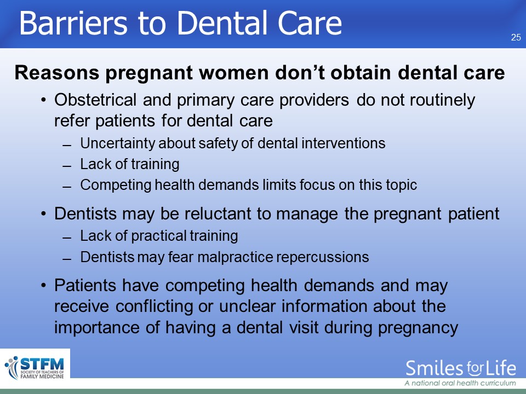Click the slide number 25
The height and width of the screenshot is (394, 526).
pyautogui.click(x=516, y=37)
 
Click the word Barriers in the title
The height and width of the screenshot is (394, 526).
pyautogui.click(x=73, y=23)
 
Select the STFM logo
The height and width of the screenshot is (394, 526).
pyautogui.click(x=35, y=368)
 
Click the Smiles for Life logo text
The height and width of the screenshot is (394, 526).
pyautogui.click(x=461, y=368)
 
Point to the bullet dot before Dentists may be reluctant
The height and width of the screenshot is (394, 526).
pyautogui.click(x=44, y=214)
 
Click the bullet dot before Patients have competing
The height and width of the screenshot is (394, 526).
pyautogui.click(x=44, y=286)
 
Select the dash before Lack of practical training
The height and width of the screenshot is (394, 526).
pyautogui.click(x=67, y=238)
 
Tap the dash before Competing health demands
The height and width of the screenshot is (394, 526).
pyautogui.click(x=67, y=187)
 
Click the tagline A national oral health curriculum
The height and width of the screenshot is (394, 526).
pyautogui.click(x=460, y=383)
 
